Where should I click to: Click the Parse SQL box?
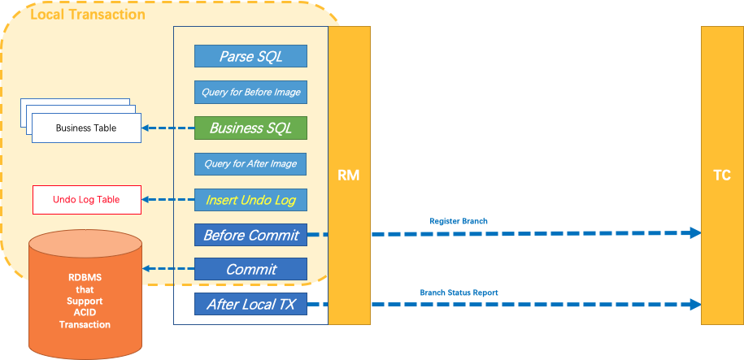pyautogui.click(x=250, y=56)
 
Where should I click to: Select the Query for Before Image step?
pyautogui.click(x=250, y=92)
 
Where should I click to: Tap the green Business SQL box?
pyautogui.click(x=250, y=128)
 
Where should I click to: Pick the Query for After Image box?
pyautogui.click(x=250, y=163)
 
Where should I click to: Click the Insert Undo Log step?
pyautogui.click(x=250, y=199)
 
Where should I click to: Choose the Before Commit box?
pyautogui.click(x=250, y=235)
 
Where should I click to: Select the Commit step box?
pyautogui.click(x=250, y=269)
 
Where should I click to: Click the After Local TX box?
pyautogui.click(x=250, y=305)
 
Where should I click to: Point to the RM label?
pyautogui.click(x=349, y=175)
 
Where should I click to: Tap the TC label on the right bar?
pyautogui.click(x=721, y=175)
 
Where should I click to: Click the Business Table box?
pyautogui.click(x=85, y=128)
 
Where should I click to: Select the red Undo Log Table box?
pyautogui.click(x=86, y=199)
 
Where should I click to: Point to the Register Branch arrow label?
pyautogui.click(x=459, y=220)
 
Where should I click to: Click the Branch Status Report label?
pyautogui.click(x=459, y=292)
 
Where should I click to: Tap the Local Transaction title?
pyautogui.click(x=87, y=15)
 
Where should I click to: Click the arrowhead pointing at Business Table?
pyautogui.click(x=147, y=128)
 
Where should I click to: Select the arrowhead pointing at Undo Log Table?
pyautogui.click(x=147, y=199)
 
